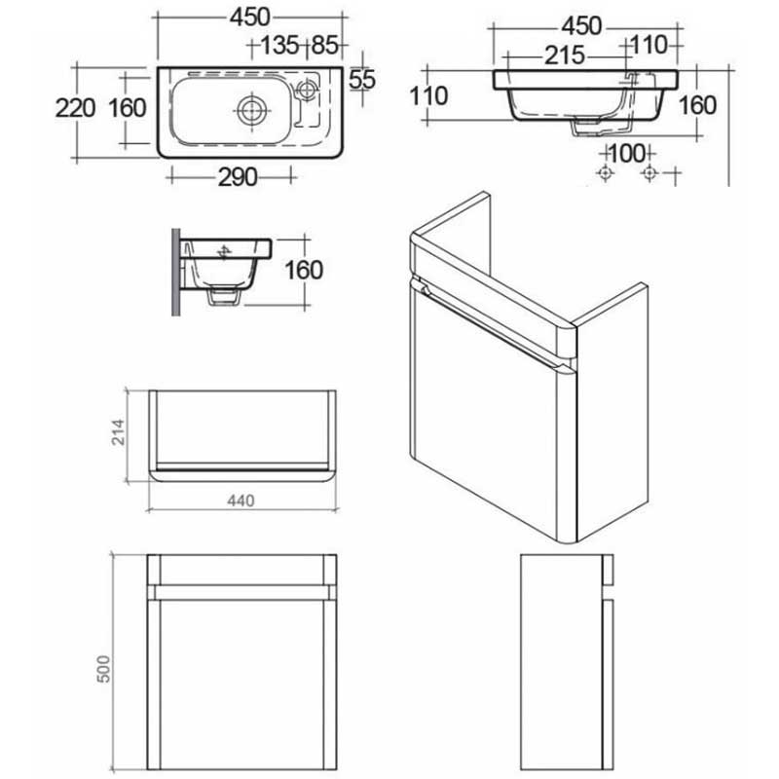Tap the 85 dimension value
pyautogui.click(x=325, y=46)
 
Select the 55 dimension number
pyautogui.click(x=361, y=79)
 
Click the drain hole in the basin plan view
pyautogui.click(x=250, y=108)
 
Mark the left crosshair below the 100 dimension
pyautogui.click(x=606, y=173)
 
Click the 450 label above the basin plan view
pyautogui.click(x=251, y=18)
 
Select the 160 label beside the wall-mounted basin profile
pyautogui.click(x=304, y=270)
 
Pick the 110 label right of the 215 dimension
pyautogui.click(x=648, y=44)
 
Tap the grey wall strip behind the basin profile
pyautogui.click(x=176, y=273)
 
